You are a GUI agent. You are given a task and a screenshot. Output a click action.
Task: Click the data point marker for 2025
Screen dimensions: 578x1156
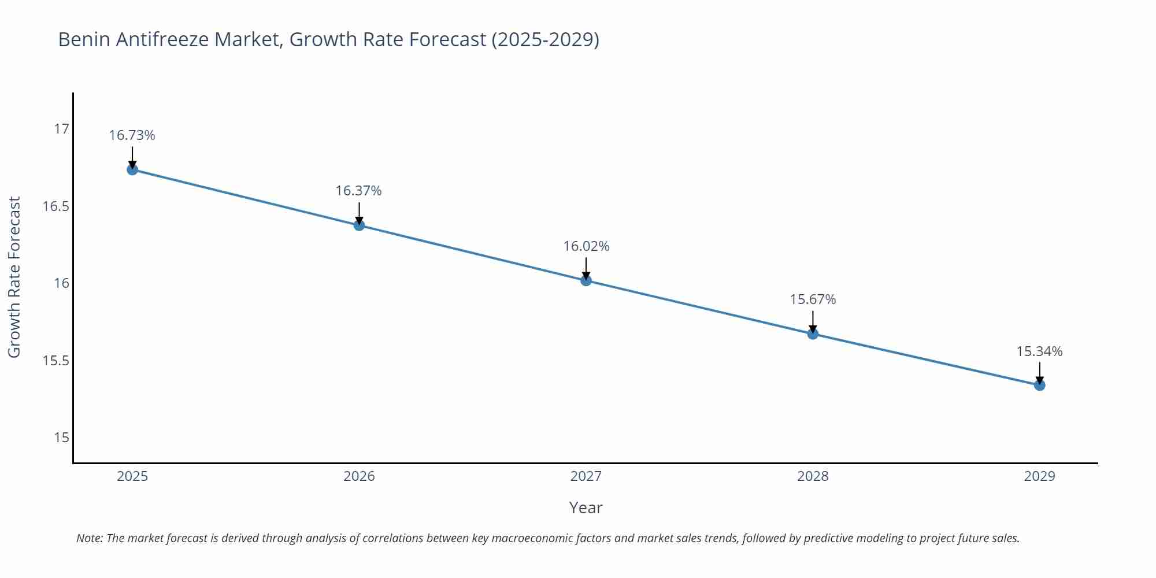coord(132,169)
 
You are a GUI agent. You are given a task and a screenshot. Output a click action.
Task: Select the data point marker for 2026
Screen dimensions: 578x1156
coord(359,225)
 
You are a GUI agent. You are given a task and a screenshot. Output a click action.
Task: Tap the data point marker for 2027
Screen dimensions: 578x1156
coord(586,280)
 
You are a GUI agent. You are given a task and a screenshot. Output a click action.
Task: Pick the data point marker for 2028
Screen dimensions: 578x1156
coord(813,334)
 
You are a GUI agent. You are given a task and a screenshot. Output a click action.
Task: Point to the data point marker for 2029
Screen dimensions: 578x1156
coord(1039,385)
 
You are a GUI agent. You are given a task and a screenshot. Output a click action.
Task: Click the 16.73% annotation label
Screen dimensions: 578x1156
coord(132,135)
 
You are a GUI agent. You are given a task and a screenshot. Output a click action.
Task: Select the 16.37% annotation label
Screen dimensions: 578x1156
coord(359,191)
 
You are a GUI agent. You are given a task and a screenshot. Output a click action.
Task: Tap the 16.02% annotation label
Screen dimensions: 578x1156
coord(586,246)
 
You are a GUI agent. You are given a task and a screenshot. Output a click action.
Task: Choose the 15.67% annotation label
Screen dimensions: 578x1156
coord(813,299)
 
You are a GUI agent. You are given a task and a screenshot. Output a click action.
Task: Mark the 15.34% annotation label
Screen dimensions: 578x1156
coord(1039,351)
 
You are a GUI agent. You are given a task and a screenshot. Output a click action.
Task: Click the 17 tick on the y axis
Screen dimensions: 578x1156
coord(61,129)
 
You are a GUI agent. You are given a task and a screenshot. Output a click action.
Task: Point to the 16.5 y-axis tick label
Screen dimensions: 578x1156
coord(55,206)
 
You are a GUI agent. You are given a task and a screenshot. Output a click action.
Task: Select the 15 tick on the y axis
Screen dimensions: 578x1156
coord(61,438)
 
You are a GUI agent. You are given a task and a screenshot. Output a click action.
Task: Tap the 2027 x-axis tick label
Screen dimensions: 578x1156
coord(586,476)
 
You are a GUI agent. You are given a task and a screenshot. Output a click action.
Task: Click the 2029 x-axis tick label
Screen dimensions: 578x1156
coord(1039,476)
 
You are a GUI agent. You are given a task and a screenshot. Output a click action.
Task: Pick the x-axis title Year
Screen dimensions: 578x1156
coord(586,507)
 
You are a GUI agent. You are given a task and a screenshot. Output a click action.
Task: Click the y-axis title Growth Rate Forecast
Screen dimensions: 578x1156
coord(14,277)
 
